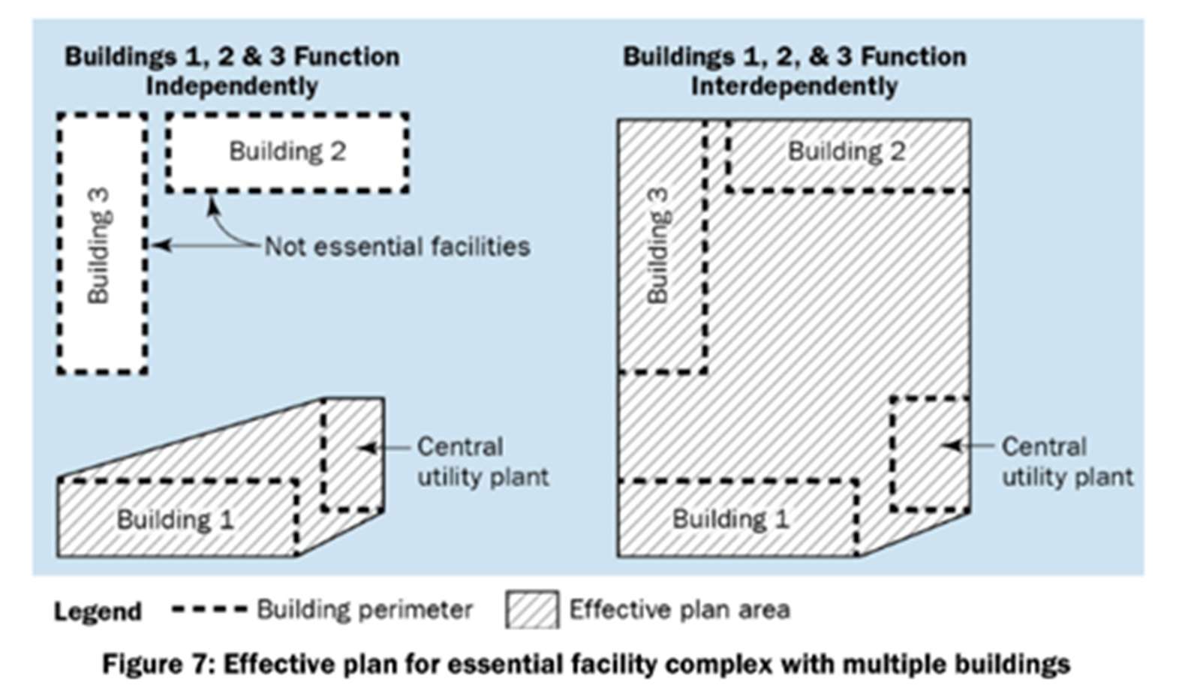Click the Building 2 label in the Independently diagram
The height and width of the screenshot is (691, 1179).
pos(287,152)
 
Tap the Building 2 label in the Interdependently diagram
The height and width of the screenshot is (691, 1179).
pos(847,152)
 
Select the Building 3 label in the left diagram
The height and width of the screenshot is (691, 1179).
pos(99,246)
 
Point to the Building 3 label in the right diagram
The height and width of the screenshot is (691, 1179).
pos(658,246)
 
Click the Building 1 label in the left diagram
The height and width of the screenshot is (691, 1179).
pos(176,520)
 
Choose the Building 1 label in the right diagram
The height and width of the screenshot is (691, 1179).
pos(731,519)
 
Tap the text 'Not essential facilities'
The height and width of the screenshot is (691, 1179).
pos(397,246)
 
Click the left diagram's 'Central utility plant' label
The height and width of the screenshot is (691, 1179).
pos(483,462)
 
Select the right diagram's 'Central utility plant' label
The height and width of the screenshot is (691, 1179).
pos(1067,462)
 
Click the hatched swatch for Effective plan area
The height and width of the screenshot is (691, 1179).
pos(532,609)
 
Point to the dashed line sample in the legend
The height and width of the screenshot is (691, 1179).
pos(209,610)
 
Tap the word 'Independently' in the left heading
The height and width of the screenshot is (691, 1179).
pos(232,86)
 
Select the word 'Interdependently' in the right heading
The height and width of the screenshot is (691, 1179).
pos(794,86)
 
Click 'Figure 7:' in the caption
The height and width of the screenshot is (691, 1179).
pos(158,664)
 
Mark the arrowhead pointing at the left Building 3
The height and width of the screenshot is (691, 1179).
pos(161,245)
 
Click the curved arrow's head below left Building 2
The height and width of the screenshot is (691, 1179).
pos(212,204)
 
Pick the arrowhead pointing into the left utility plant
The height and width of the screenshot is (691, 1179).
pos(367,448)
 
